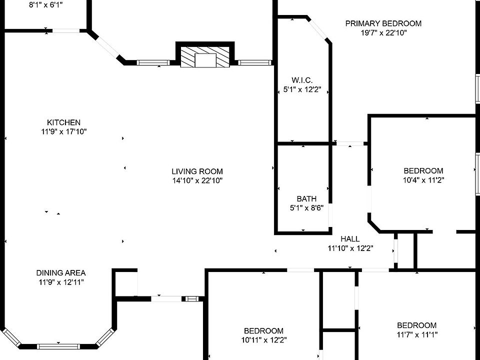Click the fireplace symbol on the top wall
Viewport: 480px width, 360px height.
point(205,57)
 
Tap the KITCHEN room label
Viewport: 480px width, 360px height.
point(63,122)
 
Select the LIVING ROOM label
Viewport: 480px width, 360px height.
point(197,171)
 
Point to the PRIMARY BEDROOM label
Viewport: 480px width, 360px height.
point(383,23)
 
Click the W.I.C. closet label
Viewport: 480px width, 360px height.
point(302,80)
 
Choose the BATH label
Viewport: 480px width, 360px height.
point(306,199)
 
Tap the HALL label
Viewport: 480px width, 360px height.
point(350,239)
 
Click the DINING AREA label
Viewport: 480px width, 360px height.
point(61,273)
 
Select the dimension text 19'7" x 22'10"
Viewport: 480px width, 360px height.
point(383,33)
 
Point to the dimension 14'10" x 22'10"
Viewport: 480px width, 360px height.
point(197,180)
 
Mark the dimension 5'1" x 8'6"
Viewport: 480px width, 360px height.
point(306,208)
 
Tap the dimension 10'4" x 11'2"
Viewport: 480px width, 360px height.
point(423,180)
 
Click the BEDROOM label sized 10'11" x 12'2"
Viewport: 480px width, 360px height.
point(263,331)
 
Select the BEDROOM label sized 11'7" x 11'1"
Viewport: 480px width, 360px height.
point(416,325)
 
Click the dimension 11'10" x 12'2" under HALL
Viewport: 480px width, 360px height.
point(350,248)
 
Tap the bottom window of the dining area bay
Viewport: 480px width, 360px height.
point(57,346)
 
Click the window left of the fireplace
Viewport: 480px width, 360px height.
point(153,63)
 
